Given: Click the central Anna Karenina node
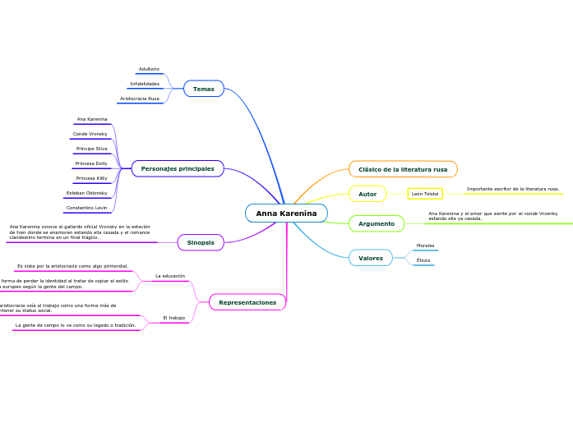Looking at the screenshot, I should [286, 213].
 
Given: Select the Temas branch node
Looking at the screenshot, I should [204, 89].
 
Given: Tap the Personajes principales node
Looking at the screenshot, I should [178, 168].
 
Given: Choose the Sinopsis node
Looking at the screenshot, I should [201, 242].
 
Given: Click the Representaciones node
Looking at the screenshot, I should [247, 302].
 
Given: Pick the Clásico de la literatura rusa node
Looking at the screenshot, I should [403, 169].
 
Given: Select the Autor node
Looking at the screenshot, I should [367, 194].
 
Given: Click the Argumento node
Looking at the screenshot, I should [377, 223].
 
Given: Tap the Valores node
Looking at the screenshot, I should [371, 258].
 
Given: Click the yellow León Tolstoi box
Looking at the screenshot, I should [425, 194].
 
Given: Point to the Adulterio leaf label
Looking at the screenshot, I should [149, 69].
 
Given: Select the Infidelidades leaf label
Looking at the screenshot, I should [145, 84].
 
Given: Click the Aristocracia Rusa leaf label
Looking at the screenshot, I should [140, 99].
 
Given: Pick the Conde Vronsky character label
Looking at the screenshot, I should [90, 134].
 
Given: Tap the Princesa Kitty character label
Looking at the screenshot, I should [91, 178].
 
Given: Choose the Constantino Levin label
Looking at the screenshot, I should [87, 208].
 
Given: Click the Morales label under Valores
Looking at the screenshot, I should [425, 246].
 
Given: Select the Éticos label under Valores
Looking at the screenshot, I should [423, 260].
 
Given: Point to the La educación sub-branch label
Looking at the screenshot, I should [170, 276].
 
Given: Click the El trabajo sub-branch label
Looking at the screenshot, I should [173, 317].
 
